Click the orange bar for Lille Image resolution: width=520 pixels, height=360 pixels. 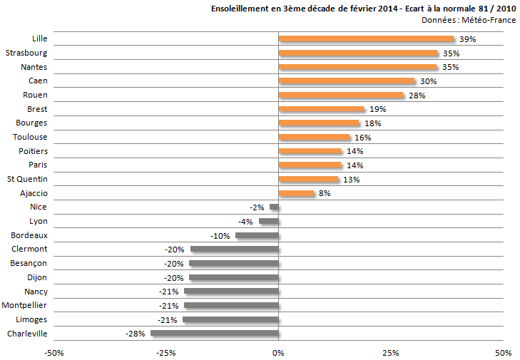pos(366,39)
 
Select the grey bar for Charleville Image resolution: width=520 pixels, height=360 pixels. pos(214,333)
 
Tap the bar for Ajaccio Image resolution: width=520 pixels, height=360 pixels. pos(296,193)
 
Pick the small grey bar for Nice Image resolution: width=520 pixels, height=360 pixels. pos(274,207)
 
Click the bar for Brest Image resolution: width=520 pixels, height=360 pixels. pos(321,109)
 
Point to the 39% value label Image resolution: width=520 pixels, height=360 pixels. pos(467,39)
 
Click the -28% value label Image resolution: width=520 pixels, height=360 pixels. pos(136,334)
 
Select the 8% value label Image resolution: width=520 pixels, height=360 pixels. pos(325,193)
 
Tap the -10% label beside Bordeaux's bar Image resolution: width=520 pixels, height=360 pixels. pos(220,235)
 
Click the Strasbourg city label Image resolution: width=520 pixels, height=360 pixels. pos(26,53)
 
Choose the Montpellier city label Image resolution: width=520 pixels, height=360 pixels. pos(25,305)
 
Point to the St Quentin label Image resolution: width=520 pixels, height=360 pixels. pos(27,179)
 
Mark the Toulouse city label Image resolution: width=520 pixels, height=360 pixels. pos(31,137)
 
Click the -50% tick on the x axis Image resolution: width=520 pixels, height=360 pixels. pos(53,352)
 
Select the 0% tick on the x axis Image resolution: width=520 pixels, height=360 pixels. pos(278,352)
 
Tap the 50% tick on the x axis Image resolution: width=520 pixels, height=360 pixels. pos(503,352)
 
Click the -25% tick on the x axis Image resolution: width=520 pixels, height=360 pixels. pos(166,352)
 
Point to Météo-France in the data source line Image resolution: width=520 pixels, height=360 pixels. pos(490,20)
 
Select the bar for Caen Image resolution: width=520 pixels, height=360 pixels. pos(347,81)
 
